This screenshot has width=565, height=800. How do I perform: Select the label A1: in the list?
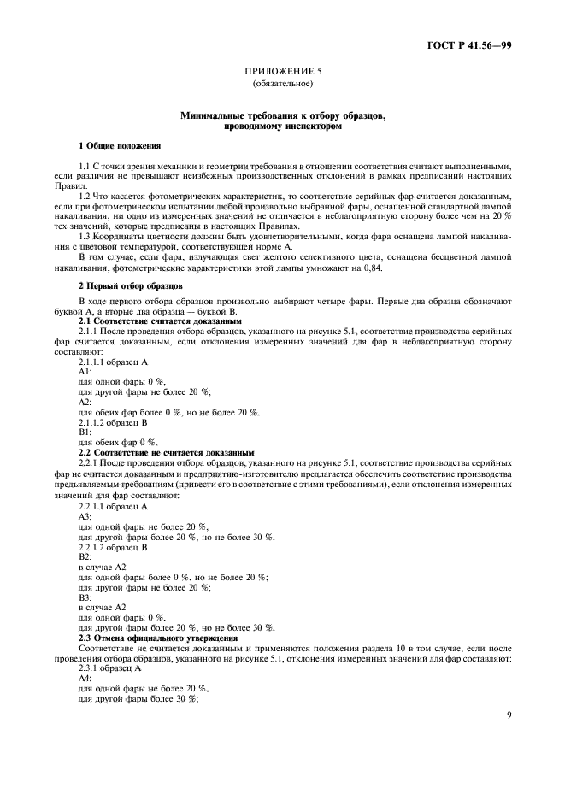[x=85, y=372]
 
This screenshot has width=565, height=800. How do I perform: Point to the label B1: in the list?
[x=85, y=432]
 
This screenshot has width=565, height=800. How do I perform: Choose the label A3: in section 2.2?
[x=85, y=517]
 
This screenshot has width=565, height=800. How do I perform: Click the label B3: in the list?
[x=85, y=597]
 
